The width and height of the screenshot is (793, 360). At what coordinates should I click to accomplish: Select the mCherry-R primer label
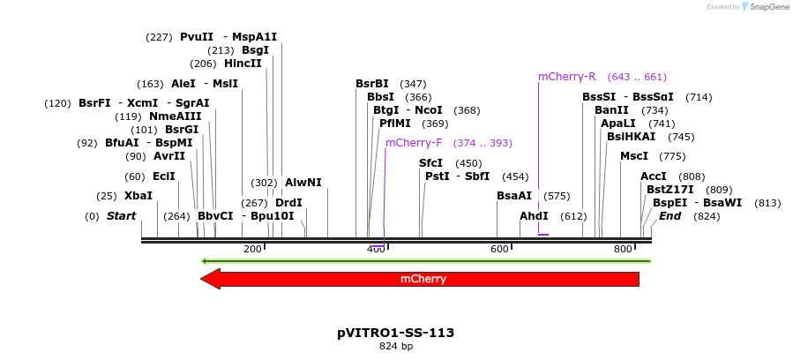(x=567, y=77)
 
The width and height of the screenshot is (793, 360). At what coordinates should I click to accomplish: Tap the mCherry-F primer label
(x=414, y=143)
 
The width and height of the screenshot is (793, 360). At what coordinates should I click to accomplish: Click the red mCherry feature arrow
(x=423, y=279)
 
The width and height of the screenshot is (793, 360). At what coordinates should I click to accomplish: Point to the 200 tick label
(x=253, y=249)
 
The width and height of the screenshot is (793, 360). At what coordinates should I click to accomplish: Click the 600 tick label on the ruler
(x=500, y=249)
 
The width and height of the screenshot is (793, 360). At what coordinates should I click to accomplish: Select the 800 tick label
(x=624, y=249)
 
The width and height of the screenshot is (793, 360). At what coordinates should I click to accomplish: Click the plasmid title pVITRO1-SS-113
(x=396, y=333)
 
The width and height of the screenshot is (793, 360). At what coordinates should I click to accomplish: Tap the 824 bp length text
(x=396, y=346)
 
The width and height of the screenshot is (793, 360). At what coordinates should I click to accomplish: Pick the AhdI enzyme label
(x=534, y=216)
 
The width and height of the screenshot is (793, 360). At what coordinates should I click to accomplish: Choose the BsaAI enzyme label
(x=514, y=196)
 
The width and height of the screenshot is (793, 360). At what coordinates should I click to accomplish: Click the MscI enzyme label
(x=634, y=156)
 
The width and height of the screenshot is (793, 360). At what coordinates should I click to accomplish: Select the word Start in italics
(x=122, y=216)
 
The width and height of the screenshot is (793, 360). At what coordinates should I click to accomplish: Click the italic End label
(x=670, y=216)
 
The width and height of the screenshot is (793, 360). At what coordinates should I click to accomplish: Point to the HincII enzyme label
(x=243, y=64)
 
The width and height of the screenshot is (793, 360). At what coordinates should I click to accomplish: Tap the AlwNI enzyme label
(x=303, y=183)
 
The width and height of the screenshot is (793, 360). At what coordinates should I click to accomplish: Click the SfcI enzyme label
(x=430, y=163)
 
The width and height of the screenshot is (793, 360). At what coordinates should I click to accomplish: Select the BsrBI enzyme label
(x=372, y=84)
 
